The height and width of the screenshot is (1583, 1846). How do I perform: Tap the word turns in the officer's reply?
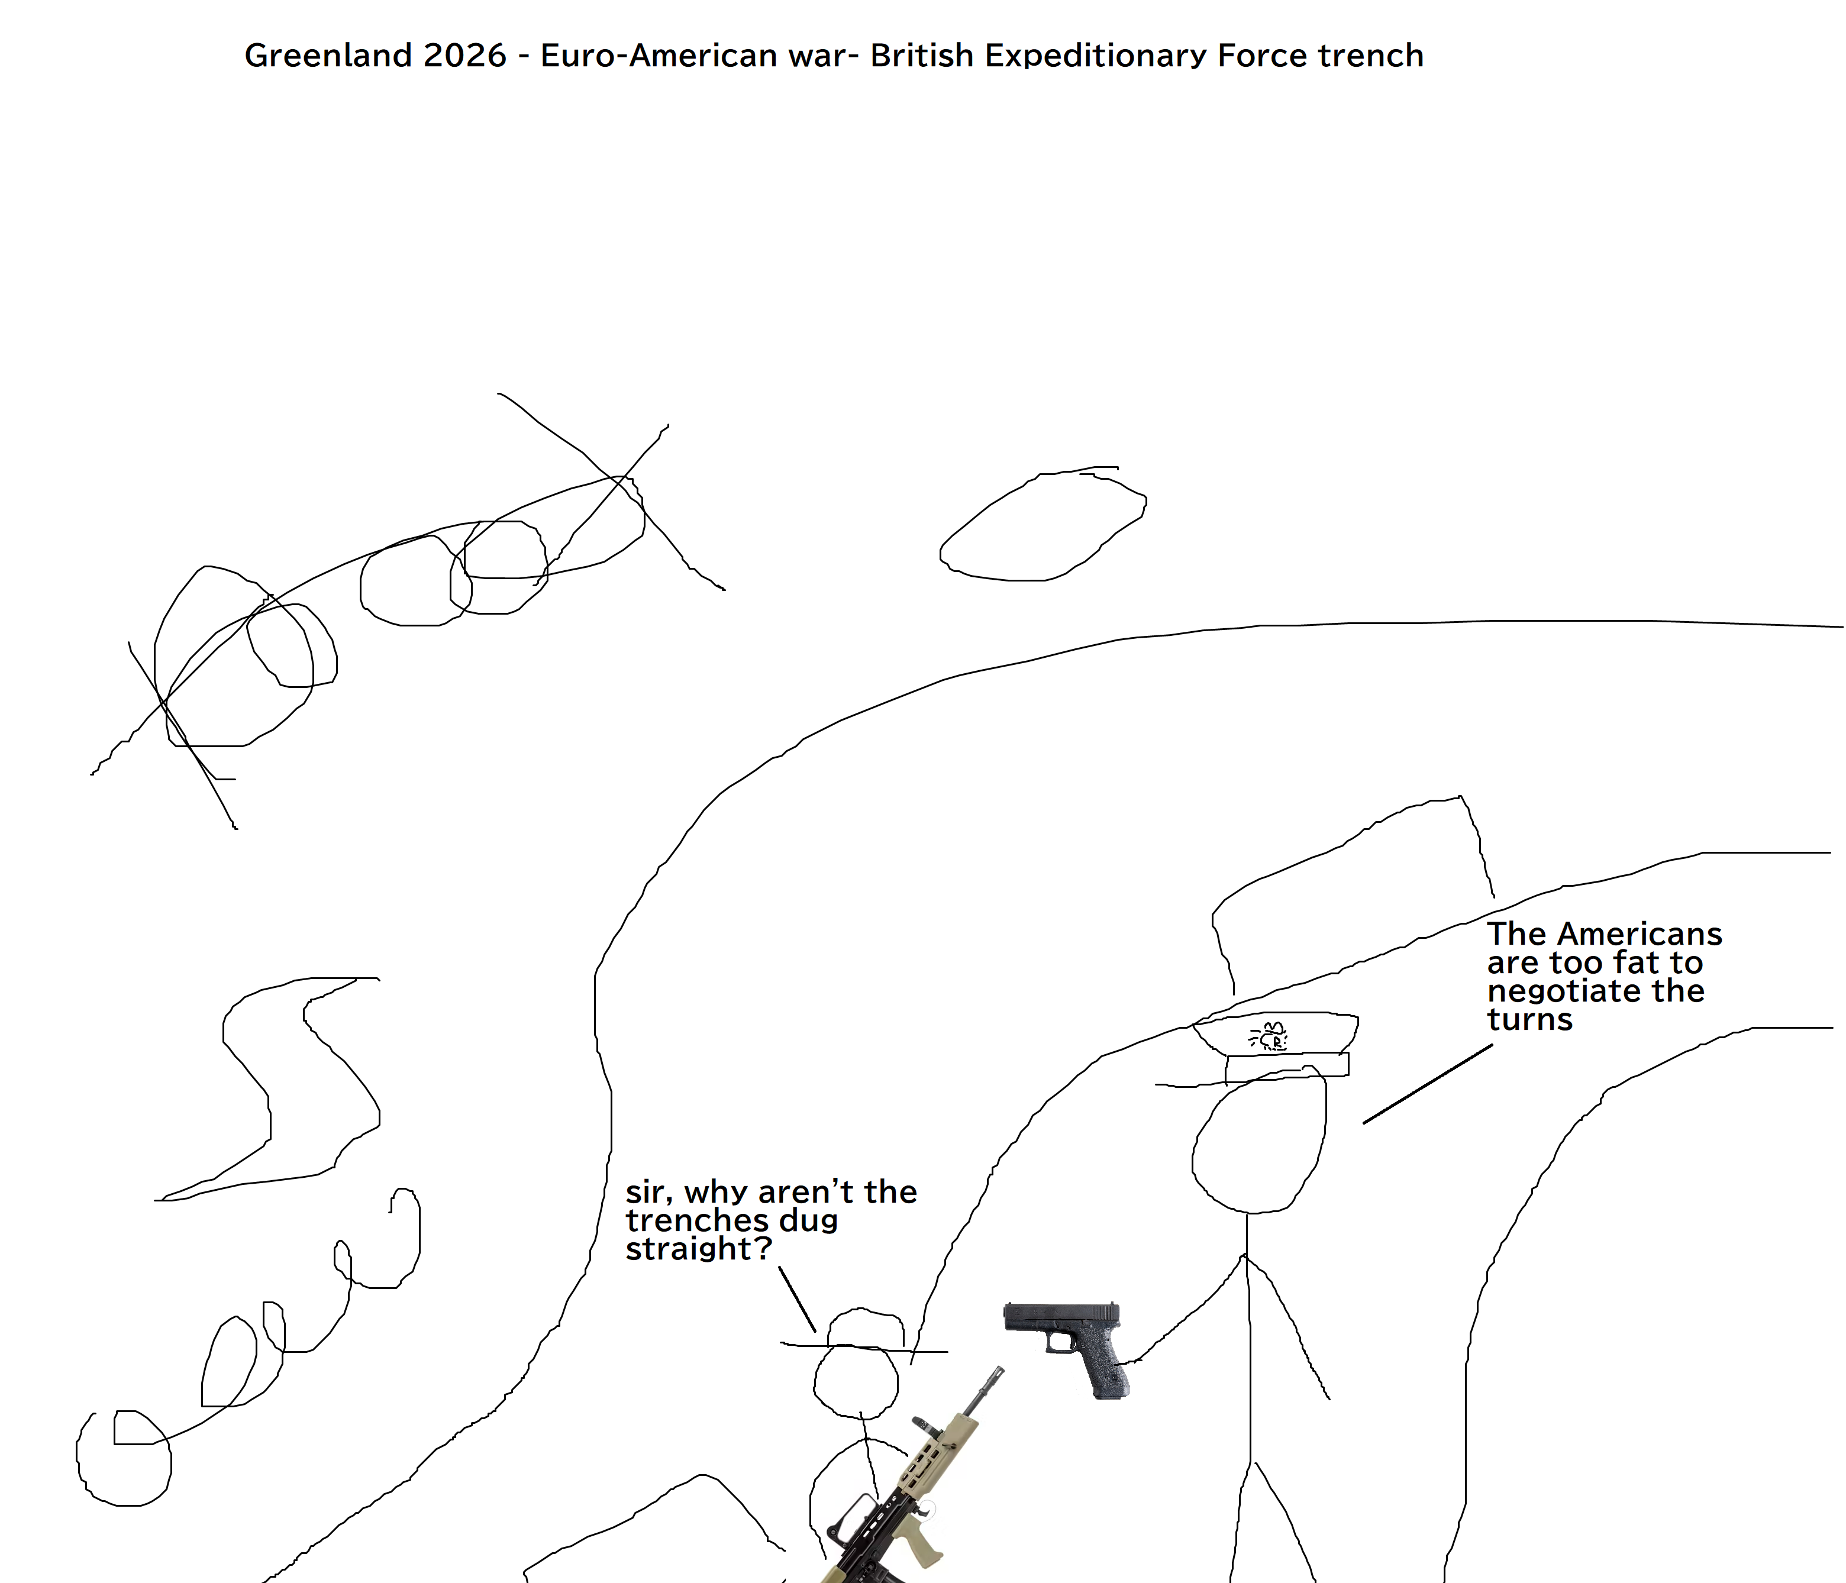point(1529,1019)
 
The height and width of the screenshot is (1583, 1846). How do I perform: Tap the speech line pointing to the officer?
point(1427,1083)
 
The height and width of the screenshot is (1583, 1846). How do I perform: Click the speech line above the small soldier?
point(798,1299)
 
